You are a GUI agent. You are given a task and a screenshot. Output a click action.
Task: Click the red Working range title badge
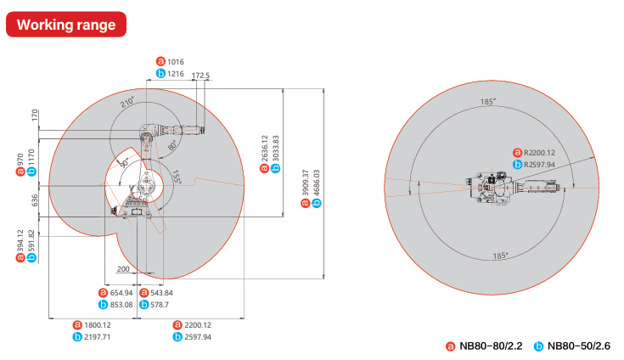[x=66, y=25]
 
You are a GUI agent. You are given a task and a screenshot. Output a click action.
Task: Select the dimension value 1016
[x=175, y=61]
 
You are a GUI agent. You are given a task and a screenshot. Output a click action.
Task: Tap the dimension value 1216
[x=175, y=74]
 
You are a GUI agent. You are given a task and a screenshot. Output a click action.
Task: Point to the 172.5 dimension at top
[x=200, y=76]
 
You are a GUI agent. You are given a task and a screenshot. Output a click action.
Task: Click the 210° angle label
[x=127, y=102]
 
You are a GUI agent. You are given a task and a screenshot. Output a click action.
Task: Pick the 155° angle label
[x=177, y=177]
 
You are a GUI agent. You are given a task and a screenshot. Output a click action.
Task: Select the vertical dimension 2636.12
[x=265, y=149]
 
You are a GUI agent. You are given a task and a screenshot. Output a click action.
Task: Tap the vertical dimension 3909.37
[x=306, y=184]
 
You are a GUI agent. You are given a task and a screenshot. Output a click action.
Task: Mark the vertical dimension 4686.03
[x=317, y=184]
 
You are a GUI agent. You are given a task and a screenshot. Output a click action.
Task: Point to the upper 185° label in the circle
[x=487, y=102]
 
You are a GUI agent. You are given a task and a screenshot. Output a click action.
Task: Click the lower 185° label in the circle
[x=499, y=255]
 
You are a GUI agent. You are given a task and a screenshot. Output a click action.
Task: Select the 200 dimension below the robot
[x=124, y=268]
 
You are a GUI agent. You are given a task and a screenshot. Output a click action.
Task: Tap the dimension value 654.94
[x=121, y=292]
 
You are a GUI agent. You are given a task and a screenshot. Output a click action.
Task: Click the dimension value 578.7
[x=160, y=304]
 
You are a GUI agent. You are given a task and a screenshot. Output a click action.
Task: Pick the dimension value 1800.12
[x=98, y=324]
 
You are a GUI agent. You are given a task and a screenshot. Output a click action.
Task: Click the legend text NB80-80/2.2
[x=490, y=346]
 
